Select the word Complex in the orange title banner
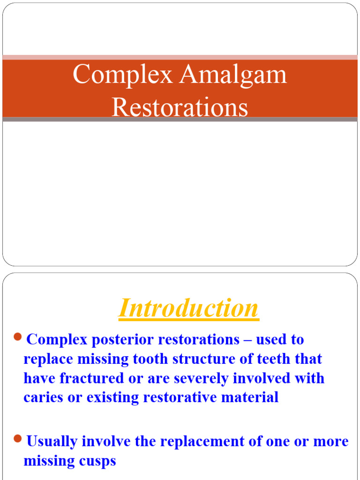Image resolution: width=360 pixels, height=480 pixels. [x=123, y=75]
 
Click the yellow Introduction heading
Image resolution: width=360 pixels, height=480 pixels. [x=188, y=308]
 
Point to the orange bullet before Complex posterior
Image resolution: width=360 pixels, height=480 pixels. [x=18, y=337]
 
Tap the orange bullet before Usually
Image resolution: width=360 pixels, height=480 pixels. [x=18, y=438]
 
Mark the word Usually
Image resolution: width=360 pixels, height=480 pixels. [x=52, y=441]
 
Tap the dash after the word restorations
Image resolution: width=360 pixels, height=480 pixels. [x=247, y=339]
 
